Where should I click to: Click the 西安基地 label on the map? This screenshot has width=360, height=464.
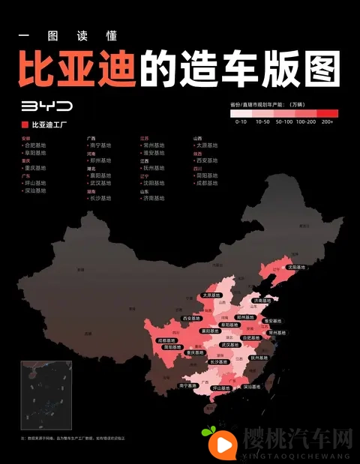click(193, 319)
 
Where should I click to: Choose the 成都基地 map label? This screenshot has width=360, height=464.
click(167, 340)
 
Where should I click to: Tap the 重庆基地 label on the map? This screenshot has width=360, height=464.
click(195, 352)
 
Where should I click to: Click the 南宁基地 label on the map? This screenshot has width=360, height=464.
click(188, 385)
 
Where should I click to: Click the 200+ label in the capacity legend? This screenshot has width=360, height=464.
click(327, 121)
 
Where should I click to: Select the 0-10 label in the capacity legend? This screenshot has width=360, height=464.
click(241, 121)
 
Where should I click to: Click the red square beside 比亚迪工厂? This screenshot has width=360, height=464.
click(25, 125)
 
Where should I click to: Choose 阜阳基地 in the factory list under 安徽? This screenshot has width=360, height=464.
click(34, 153)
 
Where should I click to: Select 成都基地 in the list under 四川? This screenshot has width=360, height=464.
click(207, 183)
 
